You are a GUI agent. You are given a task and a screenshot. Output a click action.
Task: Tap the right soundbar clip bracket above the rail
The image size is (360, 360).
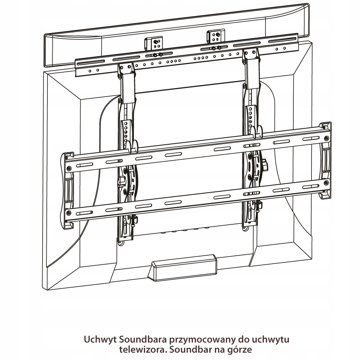point(215,35)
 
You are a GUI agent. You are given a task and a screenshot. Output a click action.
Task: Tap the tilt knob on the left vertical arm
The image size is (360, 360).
point(122,181)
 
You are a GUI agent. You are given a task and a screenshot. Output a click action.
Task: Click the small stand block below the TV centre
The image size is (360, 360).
point(182,268)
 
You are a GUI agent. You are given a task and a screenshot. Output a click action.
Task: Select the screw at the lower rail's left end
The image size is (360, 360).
point(69,212)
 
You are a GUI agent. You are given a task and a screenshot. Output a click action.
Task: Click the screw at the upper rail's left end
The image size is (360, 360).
point(69,168)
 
